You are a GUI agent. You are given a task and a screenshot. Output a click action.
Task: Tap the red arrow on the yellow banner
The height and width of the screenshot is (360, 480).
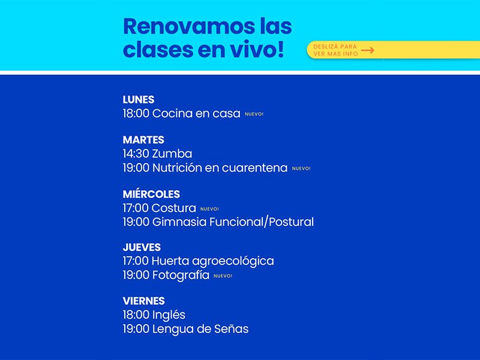pos(367,50)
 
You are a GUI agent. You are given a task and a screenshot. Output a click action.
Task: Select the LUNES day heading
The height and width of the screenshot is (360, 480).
pos(139,100)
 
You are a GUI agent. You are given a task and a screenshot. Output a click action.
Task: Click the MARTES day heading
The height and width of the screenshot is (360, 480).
pos(143,140)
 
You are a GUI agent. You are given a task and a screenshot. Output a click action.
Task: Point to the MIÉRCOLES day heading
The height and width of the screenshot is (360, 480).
pos(151,194)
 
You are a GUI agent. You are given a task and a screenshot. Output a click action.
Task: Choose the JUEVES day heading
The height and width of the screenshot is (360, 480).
pos(142,247)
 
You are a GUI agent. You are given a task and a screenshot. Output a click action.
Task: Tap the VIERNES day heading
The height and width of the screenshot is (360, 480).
pos(143,301)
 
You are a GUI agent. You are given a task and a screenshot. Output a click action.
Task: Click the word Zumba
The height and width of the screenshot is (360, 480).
pos(172,154)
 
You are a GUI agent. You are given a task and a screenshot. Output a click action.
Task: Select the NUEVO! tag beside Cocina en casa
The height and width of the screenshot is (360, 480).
pos(254,114)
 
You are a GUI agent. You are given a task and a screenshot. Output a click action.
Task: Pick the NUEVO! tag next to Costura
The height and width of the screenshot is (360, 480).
pos(209,209)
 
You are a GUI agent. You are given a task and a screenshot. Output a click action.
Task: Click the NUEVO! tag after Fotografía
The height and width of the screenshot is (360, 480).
pos(223,276)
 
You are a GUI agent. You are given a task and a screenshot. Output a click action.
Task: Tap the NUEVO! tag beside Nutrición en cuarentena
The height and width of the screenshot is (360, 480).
pos(301,169)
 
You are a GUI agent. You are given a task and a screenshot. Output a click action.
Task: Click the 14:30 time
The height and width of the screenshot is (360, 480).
pos(136,154)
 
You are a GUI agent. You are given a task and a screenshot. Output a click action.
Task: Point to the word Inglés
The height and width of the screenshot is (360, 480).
pos(169,315)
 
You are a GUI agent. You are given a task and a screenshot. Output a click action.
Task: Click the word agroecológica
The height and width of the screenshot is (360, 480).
pos(233,262)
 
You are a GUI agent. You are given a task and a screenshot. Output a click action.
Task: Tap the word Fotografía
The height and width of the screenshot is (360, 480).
pos(181,275)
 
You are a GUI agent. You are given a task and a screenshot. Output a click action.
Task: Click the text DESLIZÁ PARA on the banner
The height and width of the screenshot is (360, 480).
pos(335,47)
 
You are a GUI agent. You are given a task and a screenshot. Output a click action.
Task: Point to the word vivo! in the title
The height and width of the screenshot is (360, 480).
pos(257,49)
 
